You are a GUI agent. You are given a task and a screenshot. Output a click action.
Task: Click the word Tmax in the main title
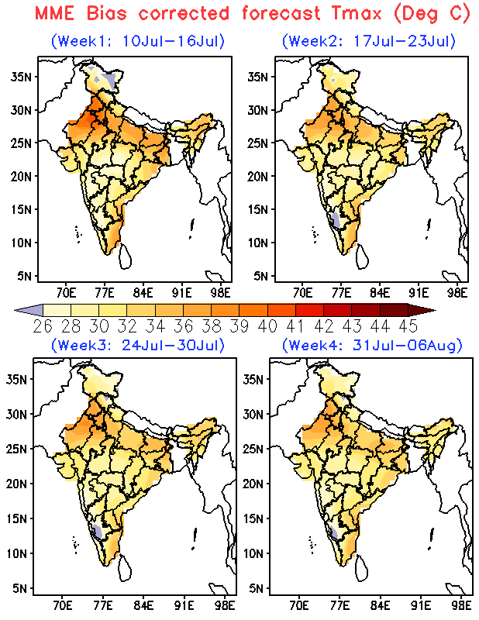[x=357, y=13]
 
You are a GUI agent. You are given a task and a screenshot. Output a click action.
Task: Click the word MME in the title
[x=54, y=13]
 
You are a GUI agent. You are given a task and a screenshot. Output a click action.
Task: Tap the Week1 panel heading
[x=138, y=41]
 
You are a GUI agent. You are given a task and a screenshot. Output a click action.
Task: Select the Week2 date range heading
[x=369, y=41]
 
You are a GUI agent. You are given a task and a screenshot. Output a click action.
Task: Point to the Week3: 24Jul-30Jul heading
[x=138, y=345]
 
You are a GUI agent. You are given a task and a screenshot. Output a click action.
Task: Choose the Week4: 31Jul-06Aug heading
[x=372, y=345]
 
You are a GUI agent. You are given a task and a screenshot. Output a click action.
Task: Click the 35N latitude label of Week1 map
[x=22, y=77]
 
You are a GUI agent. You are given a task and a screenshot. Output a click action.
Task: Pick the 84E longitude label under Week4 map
[x=380, y=605]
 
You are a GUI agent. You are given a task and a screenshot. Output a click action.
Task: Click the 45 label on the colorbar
[x=408, y=326]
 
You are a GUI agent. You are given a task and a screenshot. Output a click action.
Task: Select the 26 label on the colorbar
[x=43, y=326]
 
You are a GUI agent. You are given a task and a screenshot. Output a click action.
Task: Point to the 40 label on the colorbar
[x=267, y=326]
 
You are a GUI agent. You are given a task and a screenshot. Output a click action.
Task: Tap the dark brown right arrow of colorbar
[x=422, y=311]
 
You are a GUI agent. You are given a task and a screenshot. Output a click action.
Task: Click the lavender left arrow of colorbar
[x=29, y=311]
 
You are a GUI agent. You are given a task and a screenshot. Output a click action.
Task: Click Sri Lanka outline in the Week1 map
[x=125, y=257]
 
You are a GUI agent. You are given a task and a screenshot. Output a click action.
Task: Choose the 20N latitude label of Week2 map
[x=258, y=177]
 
